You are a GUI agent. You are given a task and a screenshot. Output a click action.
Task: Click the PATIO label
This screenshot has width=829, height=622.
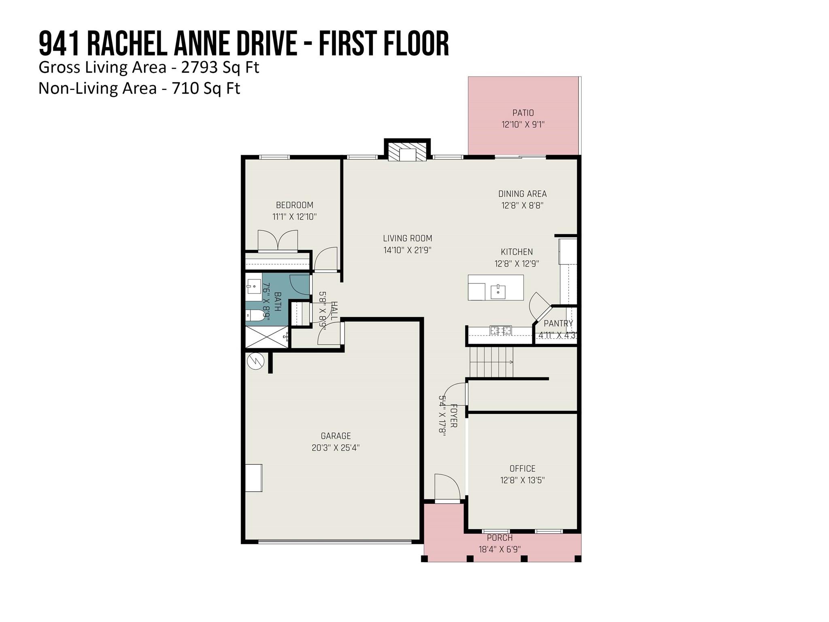tap(523, 113)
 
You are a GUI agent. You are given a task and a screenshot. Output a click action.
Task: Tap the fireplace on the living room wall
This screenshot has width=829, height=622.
tap(407, 151)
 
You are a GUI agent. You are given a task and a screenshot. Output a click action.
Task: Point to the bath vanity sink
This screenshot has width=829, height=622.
tap(254, 286)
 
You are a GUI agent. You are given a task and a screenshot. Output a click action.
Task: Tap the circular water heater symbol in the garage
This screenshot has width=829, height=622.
tap(256, 361)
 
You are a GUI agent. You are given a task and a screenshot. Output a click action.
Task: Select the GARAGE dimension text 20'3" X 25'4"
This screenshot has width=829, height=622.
tap(336, 447)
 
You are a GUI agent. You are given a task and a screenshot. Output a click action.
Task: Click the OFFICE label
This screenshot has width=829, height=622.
tap(523, 469)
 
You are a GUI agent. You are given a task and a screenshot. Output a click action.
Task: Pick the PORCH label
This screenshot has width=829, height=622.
tap(500, 538)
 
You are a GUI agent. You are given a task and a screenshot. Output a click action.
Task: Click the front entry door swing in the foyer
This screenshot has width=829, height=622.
tap(447, 488)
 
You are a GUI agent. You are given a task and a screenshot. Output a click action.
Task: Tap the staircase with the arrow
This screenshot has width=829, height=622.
tap(491, 362)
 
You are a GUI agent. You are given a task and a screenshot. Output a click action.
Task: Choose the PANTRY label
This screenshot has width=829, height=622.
tap(558, 324)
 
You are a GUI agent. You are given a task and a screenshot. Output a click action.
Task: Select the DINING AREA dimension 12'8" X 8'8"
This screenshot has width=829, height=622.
tap(522, 205)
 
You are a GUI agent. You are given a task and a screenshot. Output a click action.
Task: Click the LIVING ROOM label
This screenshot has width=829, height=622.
tap(408, 239)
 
